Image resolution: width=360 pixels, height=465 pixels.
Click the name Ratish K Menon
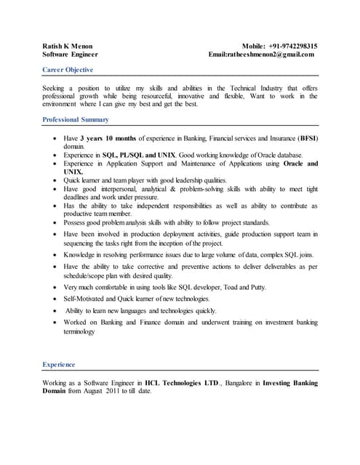pyautogui.click(x=68, y=46)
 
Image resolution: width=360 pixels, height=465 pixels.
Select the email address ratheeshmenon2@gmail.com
pyautogui.click(x=272, y=54)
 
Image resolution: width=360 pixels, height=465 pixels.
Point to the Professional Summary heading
pyautogui.click(x=76, y=119)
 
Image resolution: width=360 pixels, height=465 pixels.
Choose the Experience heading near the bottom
pyautogui.click(x=59, y=364)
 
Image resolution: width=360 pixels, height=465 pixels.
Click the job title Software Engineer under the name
pyautogui.click(x=71, y=54)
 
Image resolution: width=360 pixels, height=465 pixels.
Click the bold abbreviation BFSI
pyautogui.click(x=308, y=137)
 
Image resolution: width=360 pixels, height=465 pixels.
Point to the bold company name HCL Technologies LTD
pyautogui.click(x=180, y=382)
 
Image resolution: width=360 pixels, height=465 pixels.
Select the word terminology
pyautogui.click(x=79, y=331)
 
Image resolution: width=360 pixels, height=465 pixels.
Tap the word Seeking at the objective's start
pyautogui.click(x=55, y=88)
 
